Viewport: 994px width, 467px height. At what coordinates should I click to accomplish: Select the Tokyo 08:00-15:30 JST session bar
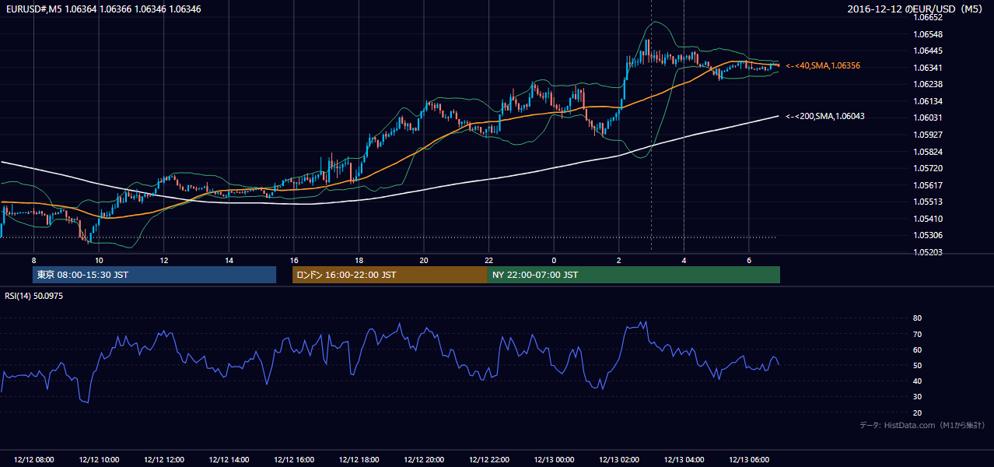[x=155, y=275]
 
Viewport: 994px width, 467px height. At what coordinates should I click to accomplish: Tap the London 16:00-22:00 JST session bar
[x=390, y=275]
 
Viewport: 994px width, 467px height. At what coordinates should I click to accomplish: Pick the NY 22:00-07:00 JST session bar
[x=634, y=275]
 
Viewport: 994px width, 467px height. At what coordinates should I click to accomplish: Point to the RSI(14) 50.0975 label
[x=33, y=296]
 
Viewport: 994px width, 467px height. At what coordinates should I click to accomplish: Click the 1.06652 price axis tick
[x=927, y=17]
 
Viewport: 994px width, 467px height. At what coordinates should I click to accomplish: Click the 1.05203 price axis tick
[x=927, y=252]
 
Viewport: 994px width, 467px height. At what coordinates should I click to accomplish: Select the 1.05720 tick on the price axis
[x=927, y=168]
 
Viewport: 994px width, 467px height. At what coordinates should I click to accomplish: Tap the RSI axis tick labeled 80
[x=917, y=318]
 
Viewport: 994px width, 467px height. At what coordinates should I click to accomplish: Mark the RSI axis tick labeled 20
[x=917, y=413]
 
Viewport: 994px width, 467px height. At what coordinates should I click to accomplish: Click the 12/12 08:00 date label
[x=33, y=459]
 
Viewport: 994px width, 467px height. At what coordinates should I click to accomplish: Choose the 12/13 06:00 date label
[x=749, y=459]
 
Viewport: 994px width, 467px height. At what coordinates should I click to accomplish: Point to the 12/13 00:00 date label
[x=554, y=459]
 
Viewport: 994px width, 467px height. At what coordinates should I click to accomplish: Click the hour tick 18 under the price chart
[x=359, y=261]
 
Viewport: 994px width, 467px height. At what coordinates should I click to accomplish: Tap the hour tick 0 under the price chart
[x=554, y=261]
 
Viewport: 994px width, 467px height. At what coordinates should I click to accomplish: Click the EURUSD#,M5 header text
[x=33, y=9]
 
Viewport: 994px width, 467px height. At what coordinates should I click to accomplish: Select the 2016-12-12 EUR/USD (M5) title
[x=915, y=9]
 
